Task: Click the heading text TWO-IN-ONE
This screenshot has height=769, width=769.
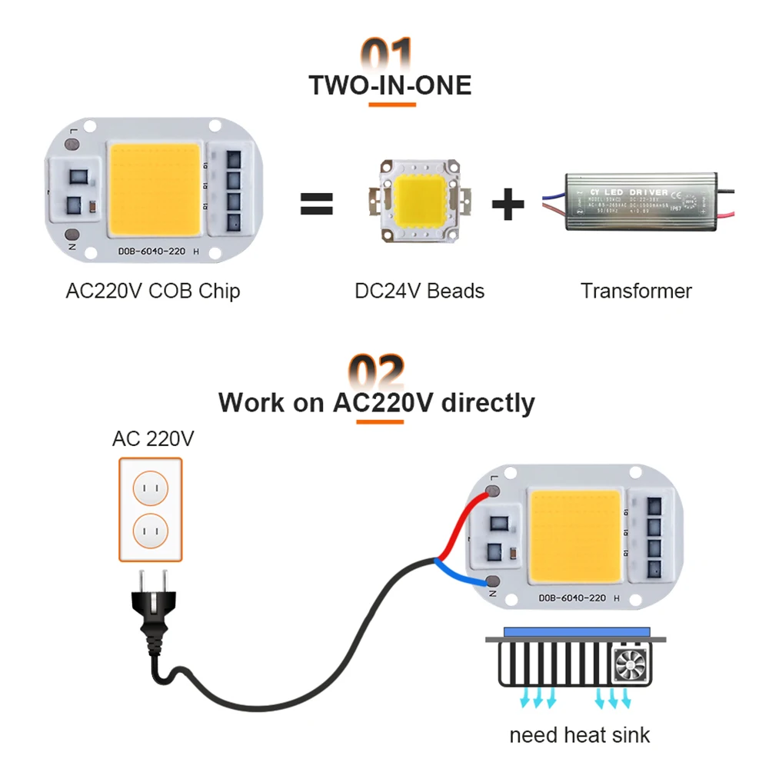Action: (x=390, y=85)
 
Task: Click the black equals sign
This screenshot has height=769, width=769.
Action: (x=316, y=205)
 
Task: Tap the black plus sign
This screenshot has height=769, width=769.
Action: (x=508, y=205)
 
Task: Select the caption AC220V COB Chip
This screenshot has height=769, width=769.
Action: (x=153, y=291)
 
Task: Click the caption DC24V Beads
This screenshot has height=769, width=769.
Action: (x=419, y=291)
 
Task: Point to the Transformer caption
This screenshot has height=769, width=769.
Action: (x=636, y=291)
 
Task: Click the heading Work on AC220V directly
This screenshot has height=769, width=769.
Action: (x=376, y=403)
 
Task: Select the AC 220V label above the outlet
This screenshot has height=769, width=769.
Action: (x=153, y=439)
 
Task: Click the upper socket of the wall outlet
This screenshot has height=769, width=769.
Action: (x=151, y=486)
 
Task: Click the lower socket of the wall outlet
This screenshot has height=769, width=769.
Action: (x=151, y=531)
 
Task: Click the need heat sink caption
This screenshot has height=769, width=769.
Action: (x=579, y=734)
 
